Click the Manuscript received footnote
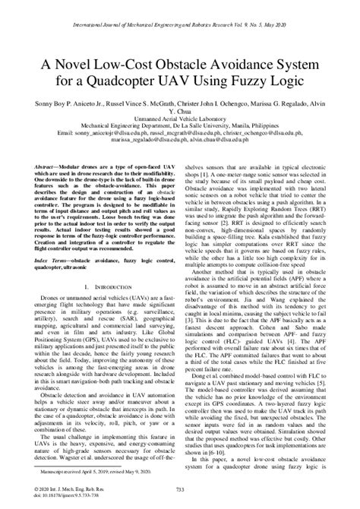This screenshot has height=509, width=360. click(x=96, y=470)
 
